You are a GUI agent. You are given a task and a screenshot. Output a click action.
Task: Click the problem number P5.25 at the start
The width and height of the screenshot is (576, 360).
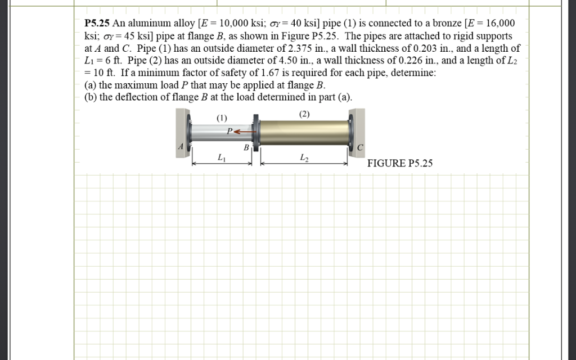click(97, 24)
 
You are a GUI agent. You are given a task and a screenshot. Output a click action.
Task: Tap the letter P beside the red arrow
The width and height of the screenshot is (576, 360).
click(229, 132)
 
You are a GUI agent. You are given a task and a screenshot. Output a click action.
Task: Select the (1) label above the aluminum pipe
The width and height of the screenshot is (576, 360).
click(222, 118)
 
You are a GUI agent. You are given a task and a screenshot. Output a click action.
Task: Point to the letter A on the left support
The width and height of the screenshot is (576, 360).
click(181, 146)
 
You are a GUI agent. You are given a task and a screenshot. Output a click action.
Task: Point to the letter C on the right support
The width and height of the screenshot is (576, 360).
click(361, 147)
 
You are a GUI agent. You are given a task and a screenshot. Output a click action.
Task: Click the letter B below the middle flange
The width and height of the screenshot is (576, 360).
click(246, 148)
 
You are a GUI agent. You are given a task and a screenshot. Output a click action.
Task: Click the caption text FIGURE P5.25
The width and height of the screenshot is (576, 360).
click(400, 164)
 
